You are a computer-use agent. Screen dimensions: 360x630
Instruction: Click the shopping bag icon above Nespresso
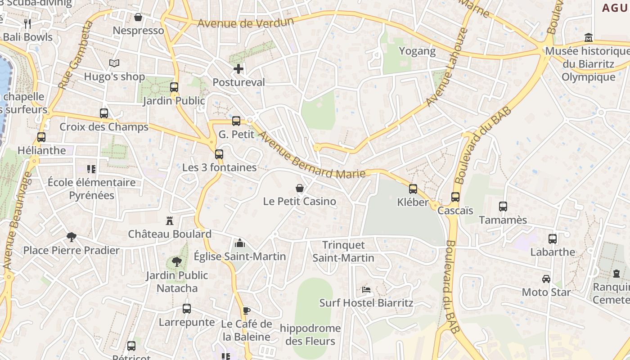click(138, 17)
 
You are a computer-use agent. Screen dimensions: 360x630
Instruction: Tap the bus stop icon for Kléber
click(413, 189)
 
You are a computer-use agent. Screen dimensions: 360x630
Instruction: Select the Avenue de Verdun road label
click(246, 22)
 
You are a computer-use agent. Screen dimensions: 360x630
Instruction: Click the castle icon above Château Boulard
click(170, 221)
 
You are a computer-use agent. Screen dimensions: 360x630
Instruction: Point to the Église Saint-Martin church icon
click(240, 243)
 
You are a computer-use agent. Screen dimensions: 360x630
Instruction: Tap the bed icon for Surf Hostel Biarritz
click(366, 289)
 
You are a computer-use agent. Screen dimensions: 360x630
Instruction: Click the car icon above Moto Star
click(546, 279)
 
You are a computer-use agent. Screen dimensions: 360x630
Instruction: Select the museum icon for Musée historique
click(588, 37)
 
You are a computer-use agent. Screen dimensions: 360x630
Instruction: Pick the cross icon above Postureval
click(238, 69)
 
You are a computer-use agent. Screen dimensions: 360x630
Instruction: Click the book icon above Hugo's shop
click(114, 63)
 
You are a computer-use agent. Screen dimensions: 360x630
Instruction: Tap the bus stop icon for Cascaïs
click(455, 197)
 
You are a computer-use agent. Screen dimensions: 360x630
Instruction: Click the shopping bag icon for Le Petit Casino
click(299, 188)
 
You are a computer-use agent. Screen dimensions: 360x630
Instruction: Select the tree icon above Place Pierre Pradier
click(71, 237)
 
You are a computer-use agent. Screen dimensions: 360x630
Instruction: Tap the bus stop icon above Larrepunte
click(187, 309)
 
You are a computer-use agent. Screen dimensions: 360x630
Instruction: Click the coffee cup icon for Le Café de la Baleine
click(246, 310)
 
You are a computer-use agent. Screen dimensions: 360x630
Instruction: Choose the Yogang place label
click(418, 51)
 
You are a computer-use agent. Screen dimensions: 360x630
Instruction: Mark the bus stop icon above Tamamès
click(503, 207)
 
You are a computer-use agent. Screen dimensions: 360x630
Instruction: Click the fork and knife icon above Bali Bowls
click(27, 23)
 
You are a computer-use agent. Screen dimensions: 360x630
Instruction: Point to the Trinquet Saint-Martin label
click(343, 252)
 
